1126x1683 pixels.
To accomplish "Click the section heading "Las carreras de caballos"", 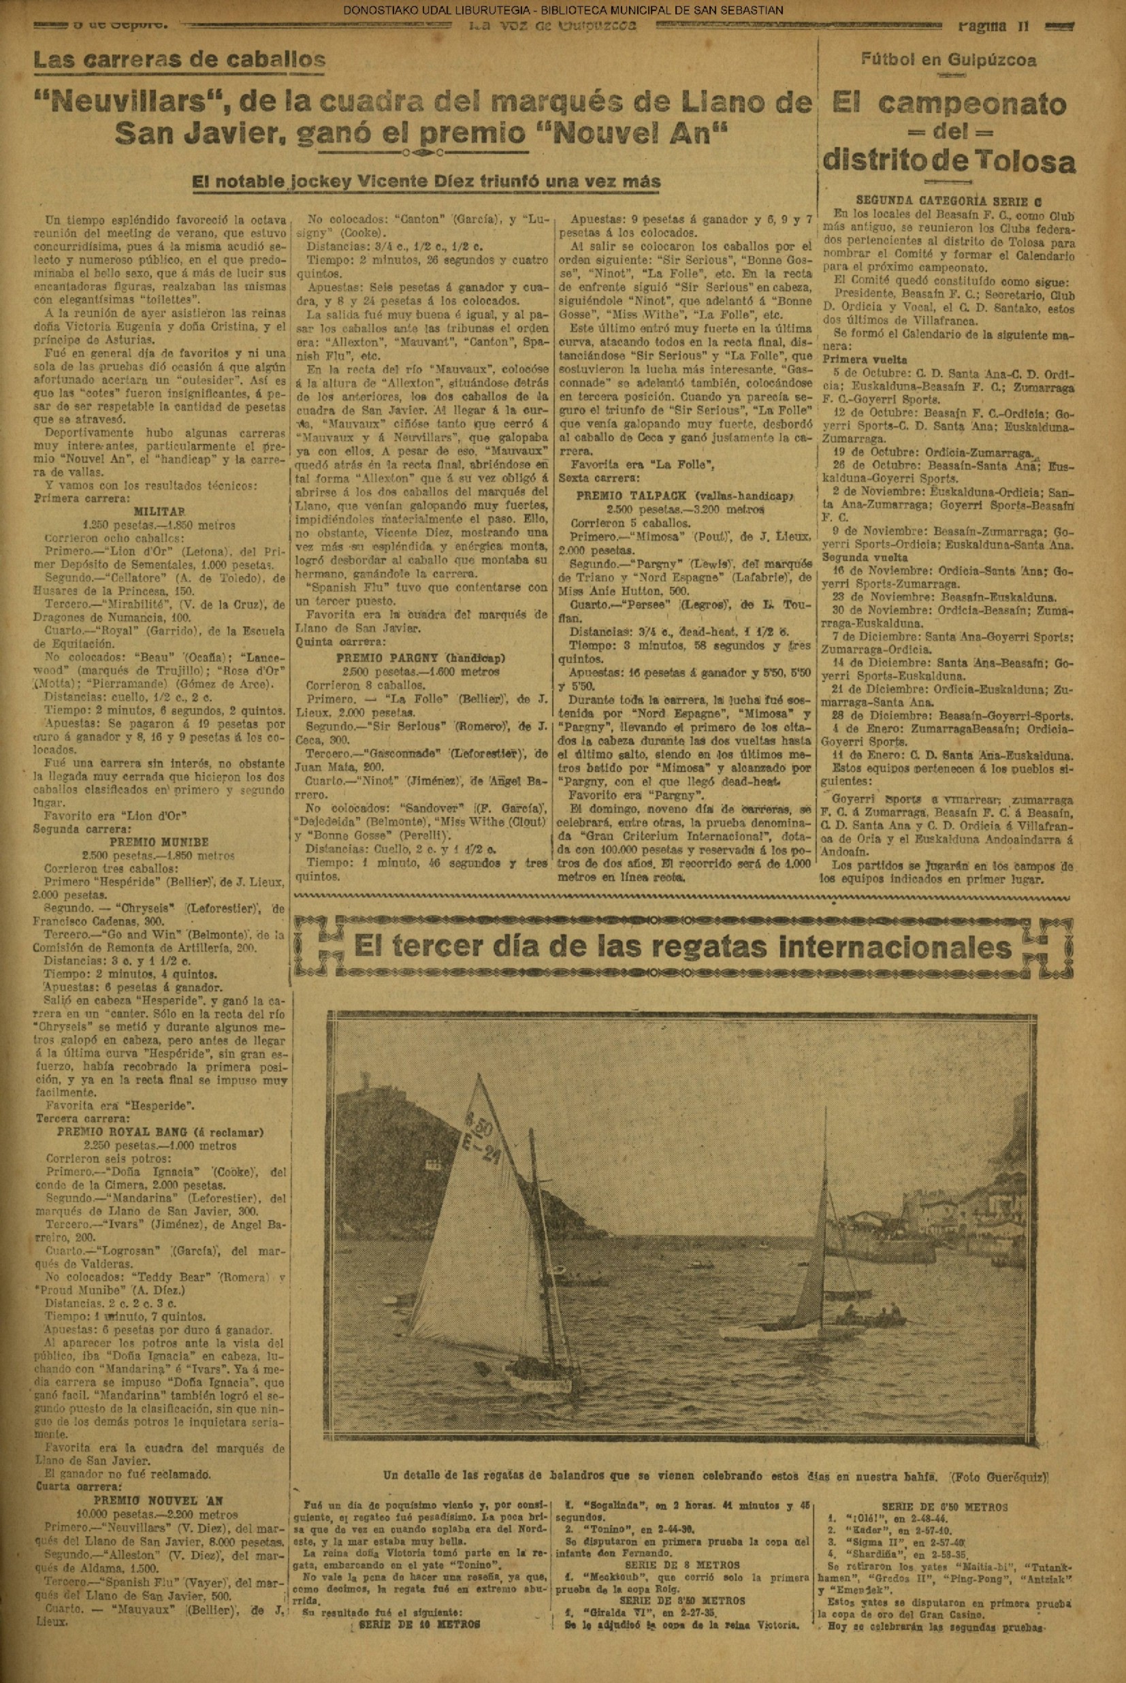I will click(179, 60).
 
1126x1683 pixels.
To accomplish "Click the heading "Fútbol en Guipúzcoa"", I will click(948, 61).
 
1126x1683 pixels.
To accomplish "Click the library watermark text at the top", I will click(563, 10).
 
